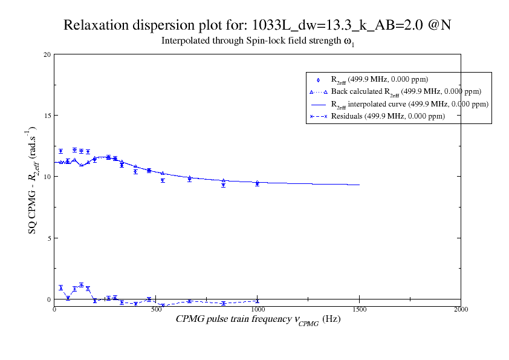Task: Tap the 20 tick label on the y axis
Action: tap(47, 54)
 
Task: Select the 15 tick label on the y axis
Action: tap(47, 116)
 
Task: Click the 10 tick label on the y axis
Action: tap(47, 177)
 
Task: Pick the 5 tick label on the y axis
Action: tap(49, 238)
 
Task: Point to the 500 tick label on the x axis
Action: tap(156, 309)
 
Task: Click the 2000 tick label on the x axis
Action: tap(461, 309)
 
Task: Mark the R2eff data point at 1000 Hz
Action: tap(258, 183)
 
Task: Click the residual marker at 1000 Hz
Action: tap(258, 301)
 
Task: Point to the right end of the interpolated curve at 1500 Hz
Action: tap(359, 185)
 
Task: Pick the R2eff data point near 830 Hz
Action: tap(223, 185)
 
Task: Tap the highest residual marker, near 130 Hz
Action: tap(81, 284)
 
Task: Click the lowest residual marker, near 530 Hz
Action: tap(163, 306)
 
